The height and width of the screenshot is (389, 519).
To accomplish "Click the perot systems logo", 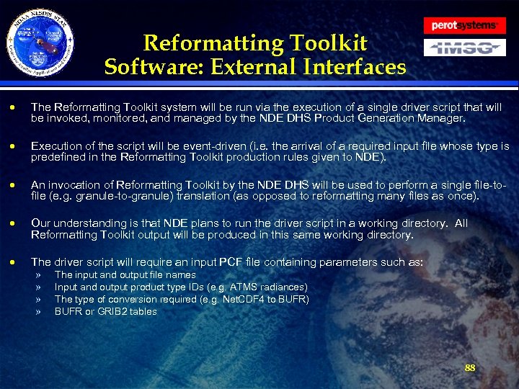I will coord(464,25).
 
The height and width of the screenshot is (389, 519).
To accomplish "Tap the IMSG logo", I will coord(464,48).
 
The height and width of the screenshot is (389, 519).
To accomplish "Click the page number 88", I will coord(470,367).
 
